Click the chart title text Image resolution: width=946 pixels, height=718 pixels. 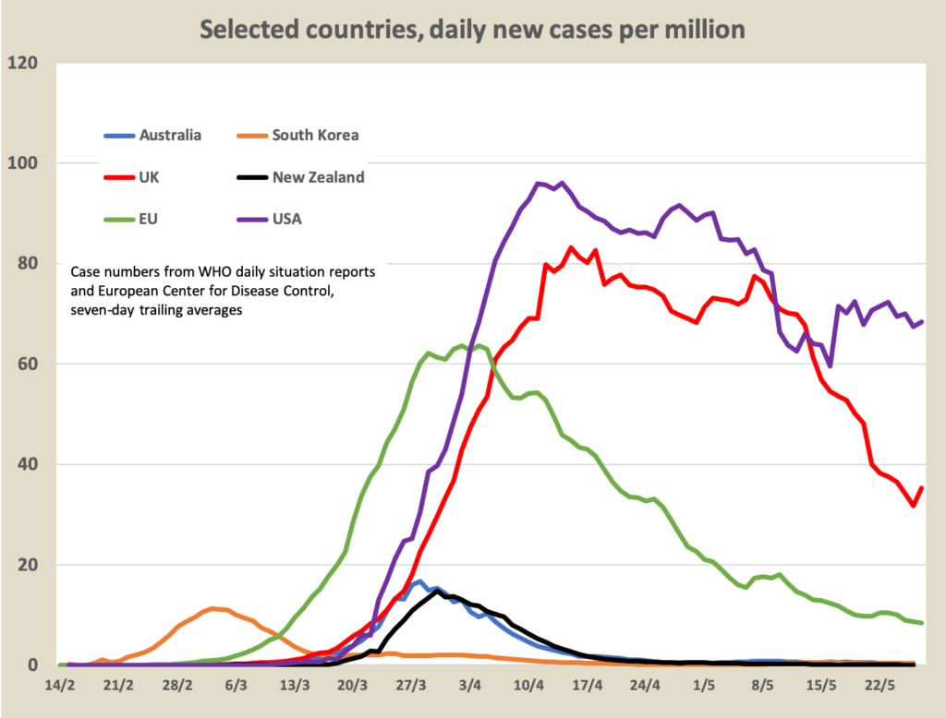coord(472,29)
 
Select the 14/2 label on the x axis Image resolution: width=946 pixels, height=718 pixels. coord(61,687)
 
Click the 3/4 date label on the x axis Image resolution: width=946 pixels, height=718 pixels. coord(470,687)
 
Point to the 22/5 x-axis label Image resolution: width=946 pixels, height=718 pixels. coord(879,687)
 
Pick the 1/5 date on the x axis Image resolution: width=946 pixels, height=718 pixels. coord(704,687)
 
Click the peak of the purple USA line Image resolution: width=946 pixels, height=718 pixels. coord(563,183)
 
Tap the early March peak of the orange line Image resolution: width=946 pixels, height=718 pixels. coord(213,608)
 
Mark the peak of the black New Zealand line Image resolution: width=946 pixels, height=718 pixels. coord(438,591)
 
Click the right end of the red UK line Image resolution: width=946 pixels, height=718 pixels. coord(922,488)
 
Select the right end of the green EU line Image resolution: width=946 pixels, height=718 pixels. coord(922,623)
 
